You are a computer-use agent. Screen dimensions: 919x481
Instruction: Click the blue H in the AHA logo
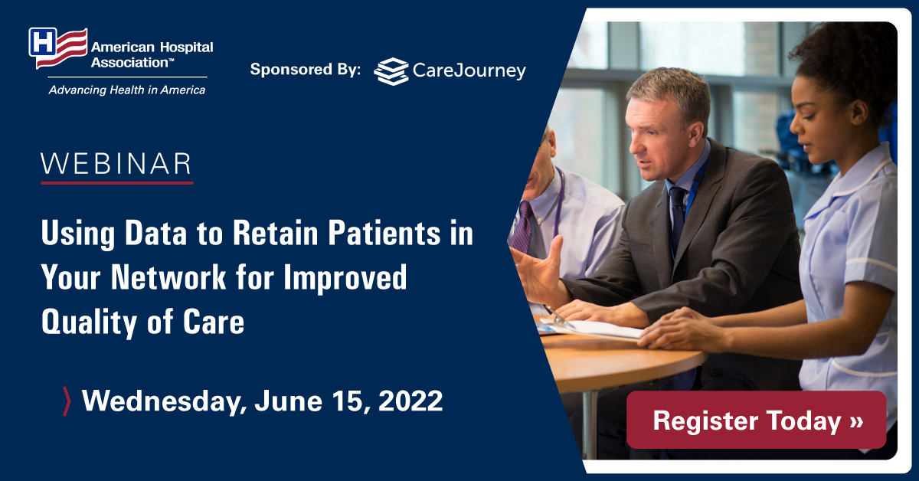42,42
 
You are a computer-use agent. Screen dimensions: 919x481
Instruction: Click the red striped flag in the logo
66,48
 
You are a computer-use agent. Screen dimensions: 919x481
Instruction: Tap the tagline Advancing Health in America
127,90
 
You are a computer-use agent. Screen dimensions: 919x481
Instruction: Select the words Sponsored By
306,70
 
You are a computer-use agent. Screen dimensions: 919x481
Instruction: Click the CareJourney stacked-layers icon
391,71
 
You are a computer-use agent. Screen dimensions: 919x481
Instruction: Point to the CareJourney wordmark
469,71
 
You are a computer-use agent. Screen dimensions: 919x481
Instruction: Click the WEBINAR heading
116,164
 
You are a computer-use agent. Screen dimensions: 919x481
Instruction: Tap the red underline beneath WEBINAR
117,182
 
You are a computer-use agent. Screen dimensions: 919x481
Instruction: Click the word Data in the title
156,233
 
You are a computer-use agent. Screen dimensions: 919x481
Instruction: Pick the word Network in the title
168,277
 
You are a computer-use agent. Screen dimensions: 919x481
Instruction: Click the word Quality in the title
90,323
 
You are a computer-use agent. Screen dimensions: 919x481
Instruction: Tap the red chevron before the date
67,401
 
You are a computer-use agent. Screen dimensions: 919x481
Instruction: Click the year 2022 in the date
410,401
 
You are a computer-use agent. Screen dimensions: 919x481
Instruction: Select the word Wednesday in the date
163,402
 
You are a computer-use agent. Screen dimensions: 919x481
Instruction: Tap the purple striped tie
524,227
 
